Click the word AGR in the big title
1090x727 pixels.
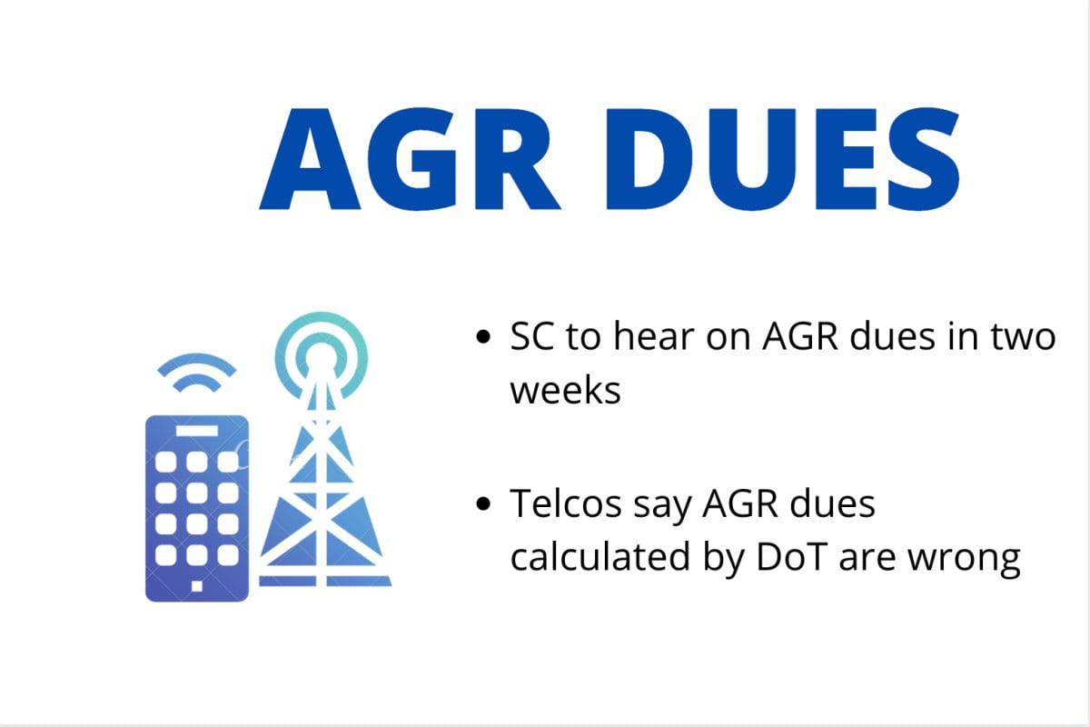pos(410,159)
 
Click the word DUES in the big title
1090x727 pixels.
pos(783,159)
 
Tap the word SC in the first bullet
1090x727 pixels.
pos(532,336)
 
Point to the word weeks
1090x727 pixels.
pos(565,390)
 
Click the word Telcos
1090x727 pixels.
pos(566,503)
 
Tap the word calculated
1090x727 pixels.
pos(600,556)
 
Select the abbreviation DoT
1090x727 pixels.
pos(792,557)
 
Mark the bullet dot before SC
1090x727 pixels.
pos(483,337)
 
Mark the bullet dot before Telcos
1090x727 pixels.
pos(483,504)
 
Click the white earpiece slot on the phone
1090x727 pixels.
pos(196,431)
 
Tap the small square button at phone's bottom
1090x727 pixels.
pos(196,586)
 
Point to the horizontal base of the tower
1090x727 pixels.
pos(325,582)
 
